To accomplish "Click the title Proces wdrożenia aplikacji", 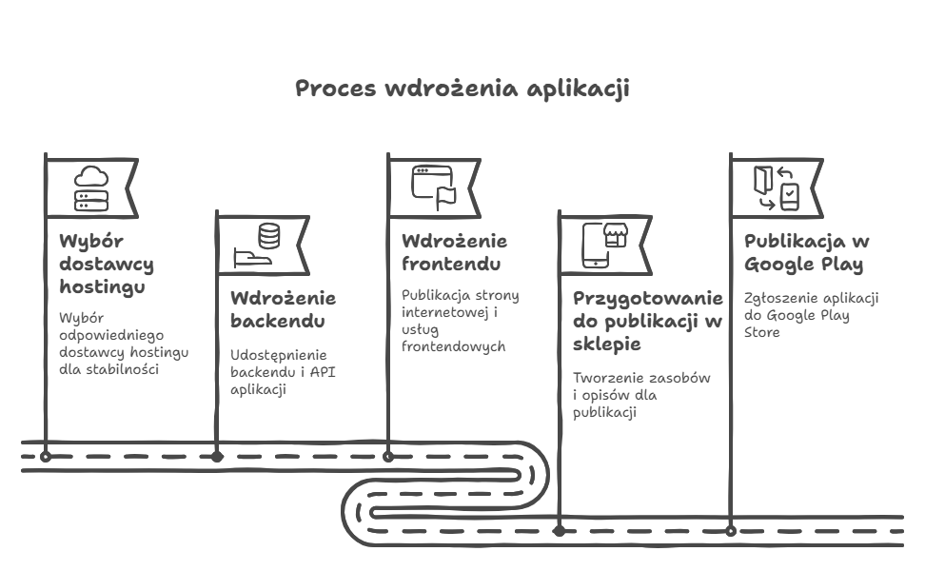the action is (x=462, y=89).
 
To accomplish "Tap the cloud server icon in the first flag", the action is (x=91, y=188).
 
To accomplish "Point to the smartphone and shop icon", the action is (x=604, y=245).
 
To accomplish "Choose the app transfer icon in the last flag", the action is (x=777, y=188).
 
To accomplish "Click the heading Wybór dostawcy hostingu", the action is (x=107, y=264).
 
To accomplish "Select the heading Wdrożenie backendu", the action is (x=284, y=309).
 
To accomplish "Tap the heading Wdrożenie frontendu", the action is (x=454, y=252).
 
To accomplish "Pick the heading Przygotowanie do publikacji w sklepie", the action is (x=648, y=321).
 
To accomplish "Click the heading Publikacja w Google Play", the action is (x=806, y=252).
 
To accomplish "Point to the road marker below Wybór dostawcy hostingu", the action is (x=46, y=457).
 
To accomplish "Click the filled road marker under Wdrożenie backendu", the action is (x=217, y=457).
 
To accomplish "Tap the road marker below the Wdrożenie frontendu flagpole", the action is (x=388, y=457).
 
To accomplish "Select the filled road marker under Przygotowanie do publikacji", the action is (x=560, y=531).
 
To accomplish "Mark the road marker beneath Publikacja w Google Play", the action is (x=731, y=531).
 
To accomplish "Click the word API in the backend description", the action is (x=322, y=372).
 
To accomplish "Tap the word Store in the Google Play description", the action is (x=761, y=332).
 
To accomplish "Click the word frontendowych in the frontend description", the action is (x=454, y=346).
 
